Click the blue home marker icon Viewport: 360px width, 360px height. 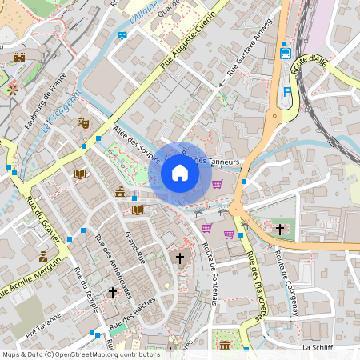[x=180, y=172]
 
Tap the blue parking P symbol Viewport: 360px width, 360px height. [x=286, y=93]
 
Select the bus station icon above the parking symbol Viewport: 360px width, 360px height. [x=286, y=54]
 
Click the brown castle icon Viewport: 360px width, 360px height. [x=20, y=58]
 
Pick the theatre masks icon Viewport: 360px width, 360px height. [x=82, y=122]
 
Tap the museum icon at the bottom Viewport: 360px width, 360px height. [x=225, y=346]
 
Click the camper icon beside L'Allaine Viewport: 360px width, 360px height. [x=122, y=35]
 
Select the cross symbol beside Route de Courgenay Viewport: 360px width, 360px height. [x=279, y=229]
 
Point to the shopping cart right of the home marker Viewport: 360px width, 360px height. [x=217, y=184]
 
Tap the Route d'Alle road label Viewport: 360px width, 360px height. [x=310, y=65]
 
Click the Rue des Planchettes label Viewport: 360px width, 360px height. [x=255, y=286]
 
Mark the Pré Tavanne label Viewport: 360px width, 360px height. [x=42, y=326]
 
